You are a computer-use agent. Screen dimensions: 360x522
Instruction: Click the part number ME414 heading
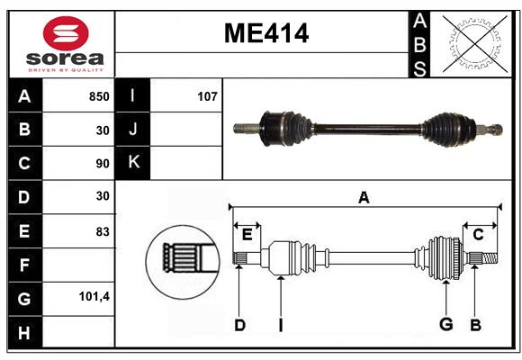coord(265,33)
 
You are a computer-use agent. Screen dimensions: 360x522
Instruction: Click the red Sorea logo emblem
coord(66,35)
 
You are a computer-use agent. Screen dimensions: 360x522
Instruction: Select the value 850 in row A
coord(98,96)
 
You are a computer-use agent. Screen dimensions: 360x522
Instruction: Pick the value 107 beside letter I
coord(207,96)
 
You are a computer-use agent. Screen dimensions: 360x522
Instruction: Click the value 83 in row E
coord(103,231)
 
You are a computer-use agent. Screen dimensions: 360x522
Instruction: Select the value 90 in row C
coord(103,164)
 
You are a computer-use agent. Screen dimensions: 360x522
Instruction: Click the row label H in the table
coord(24,332)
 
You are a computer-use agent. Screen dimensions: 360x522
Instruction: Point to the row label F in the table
coord(24,265)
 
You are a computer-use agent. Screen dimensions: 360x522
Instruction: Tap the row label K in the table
coord(133,163)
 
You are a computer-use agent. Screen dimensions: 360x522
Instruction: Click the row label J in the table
coord(133,130)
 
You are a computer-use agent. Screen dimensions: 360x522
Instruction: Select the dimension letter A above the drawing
coord(364,197)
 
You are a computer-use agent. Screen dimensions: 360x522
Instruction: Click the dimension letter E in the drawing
coord(247,235)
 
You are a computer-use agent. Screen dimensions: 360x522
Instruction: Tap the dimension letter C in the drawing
coord(478,235)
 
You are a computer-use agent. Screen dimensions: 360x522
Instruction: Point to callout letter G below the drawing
coord(445,325)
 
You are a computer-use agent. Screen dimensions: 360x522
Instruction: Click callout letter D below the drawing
coord(239,325)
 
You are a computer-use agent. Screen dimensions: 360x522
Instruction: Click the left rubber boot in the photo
coord(281,127)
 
